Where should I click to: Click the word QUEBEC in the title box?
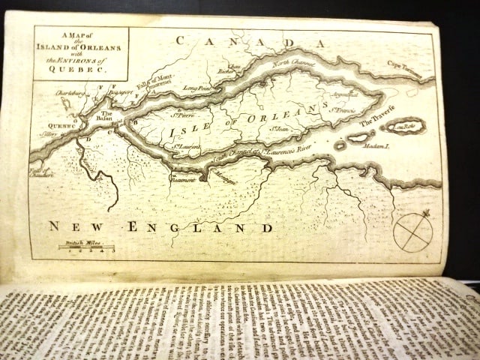(80, 64)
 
